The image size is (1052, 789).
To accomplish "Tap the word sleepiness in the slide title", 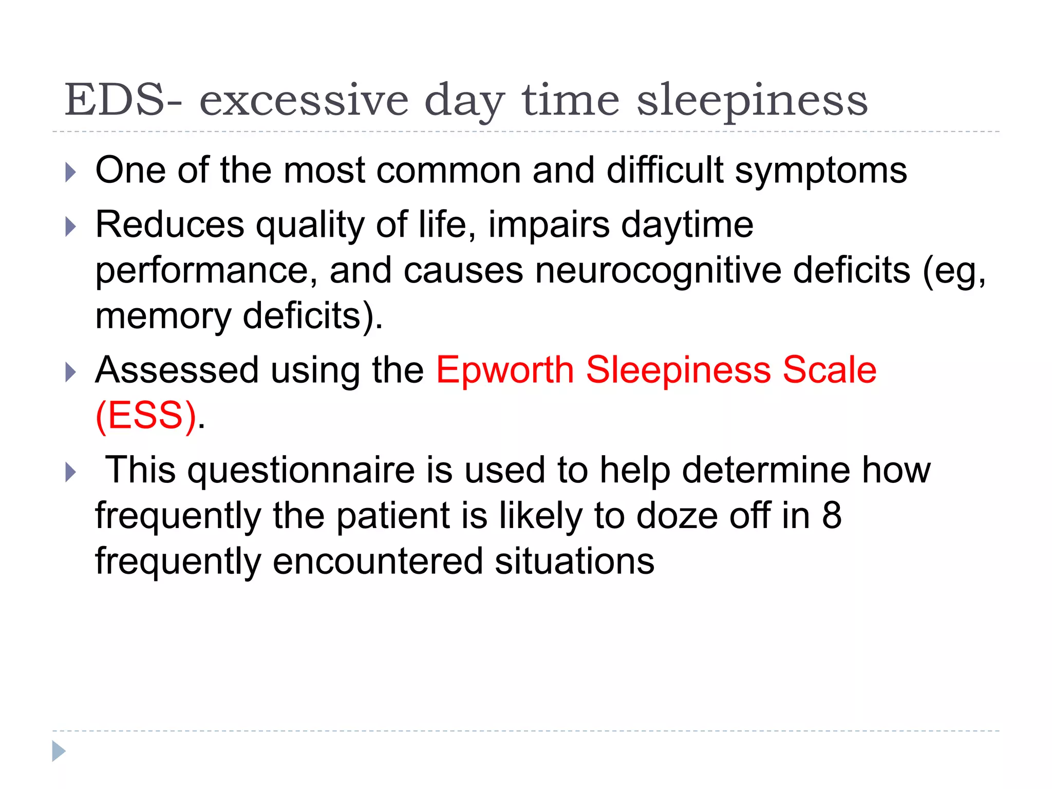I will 752,101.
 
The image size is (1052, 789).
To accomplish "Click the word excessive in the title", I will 304,101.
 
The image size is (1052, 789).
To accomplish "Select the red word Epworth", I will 504,371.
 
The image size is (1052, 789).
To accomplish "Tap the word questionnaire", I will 301,471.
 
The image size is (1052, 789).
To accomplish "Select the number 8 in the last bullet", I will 832,516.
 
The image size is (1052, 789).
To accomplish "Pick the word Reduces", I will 170,225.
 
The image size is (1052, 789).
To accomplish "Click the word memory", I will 163,316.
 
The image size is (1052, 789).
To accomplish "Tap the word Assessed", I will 177,370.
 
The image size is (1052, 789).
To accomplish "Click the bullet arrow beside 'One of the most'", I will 71,172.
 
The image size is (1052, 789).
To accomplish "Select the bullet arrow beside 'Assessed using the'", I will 71,372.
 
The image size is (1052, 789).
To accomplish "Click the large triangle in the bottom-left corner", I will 59,751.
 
